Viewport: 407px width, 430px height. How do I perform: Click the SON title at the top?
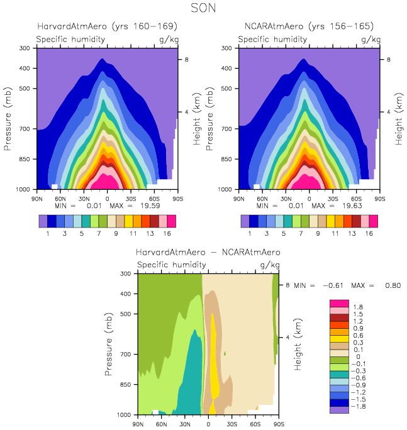pyautogui.click(x=204, y=8)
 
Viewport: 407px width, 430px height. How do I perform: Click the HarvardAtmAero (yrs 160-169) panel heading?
pyautogui.click(x=107, y=26)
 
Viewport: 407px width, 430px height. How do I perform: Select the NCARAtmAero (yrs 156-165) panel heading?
pyautogui.click(x=309, y=26)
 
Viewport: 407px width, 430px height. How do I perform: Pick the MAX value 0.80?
pyautogui.click(x=391, y=285)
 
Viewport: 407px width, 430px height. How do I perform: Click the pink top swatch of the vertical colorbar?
pyautogui.click(x=340, y=304)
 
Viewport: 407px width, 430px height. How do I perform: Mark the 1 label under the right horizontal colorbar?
pyautogui.click(x=250, y=233)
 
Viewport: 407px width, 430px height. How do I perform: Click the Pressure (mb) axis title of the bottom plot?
pyautogui.click(x=110, y=344)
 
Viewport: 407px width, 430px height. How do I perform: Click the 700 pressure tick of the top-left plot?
pyautogui.click(x=25, y=128)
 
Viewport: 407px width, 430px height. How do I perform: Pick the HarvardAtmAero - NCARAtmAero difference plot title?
pyautogui.click(x=208, y=252)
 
